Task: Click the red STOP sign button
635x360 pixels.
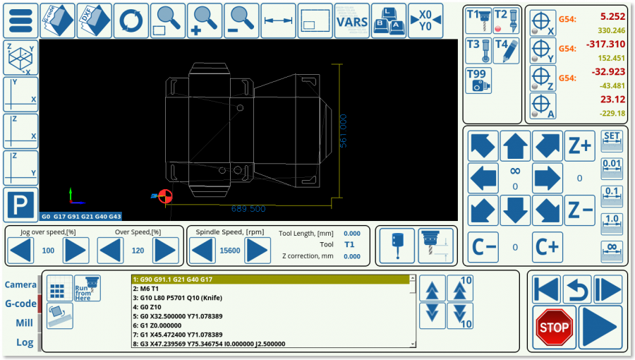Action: pyautogui.click(x=553, y=327)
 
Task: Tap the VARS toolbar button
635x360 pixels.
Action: pyautogui.click(x=351, y=21)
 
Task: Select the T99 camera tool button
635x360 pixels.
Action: pyautogui.click(x=478, y=80)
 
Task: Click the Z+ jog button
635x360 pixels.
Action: pyautogui.click(x=579, y=146)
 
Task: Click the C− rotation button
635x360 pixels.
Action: pyautogui.click(x=483, y=247)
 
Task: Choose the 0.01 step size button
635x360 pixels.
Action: pyautogui.click(x=612, y=168)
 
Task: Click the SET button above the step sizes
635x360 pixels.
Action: pyautogui.click(x=612, y=140)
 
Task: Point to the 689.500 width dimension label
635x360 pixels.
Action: pyautogui.click(x=248, y=209)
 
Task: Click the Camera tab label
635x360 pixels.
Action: pyautogui.click(x=20, y=284)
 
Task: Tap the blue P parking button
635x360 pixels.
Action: pyautogui.click(x=21, y=205)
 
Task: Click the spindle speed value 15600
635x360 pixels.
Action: pyautogui.click(x=229, y=251)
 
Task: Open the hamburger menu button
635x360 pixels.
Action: pyautogui.click(x=21, y=21)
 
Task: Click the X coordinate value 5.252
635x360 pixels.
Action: pyautogui.click(x=612, y=16)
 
